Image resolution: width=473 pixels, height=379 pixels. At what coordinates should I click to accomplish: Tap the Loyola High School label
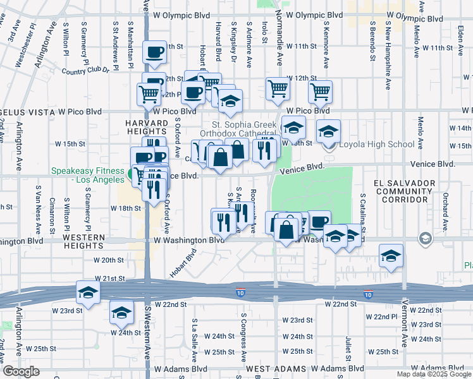377,144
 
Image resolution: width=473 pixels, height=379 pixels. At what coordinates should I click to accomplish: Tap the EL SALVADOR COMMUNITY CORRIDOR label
404,192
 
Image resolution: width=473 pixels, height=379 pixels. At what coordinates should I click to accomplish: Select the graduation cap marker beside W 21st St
88,292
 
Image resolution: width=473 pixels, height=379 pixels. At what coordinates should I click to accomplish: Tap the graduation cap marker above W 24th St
121,311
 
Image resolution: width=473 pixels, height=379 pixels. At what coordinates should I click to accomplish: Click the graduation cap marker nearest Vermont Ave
391,256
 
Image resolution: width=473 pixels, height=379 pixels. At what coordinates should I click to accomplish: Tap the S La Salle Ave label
195,338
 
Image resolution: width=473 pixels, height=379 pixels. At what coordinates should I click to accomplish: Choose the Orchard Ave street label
445,205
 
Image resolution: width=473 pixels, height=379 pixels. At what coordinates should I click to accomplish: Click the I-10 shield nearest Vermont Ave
369,295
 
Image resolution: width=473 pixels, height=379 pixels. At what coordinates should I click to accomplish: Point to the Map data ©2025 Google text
433,374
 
